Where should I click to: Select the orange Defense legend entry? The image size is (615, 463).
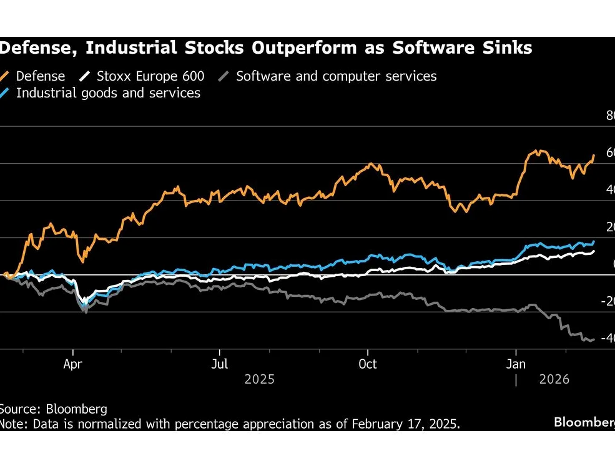(40, 76)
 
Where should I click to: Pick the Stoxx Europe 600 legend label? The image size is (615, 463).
(150, 76)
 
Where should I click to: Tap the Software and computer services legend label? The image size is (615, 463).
(336, 76)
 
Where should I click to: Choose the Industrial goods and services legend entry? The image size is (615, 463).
(108, 93)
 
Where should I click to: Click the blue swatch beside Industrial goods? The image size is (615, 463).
(7, 93)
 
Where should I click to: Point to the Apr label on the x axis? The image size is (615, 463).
(73, 364)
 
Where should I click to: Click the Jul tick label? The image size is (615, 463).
(219, 364)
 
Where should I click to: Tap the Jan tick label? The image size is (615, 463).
(516, 364)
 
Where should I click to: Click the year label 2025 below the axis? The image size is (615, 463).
(259, 379)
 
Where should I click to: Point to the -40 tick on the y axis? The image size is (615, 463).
(606, 338)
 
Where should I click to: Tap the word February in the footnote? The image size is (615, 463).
(376, 424)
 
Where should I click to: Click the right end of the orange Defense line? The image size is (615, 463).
(593, 155)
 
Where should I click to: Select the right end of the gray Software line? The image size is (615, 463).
(593, 339)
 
